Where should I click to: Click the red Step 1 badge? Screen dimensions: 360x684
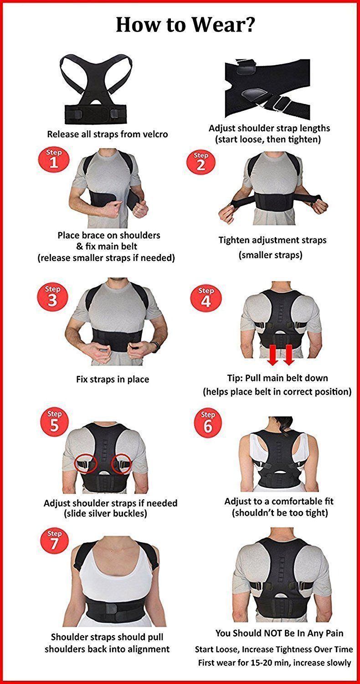pyautogui.click(x=54, y=160)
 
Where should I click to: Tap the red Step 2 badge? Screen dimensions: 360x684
pyautogui.click(x=201, y=162)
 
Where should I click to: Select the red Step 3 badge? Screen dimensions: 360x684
pyautogui.click(x=52, y=297)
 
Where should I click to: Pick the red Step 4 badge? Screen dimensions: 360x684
pyautogui.click(x=206, y=298)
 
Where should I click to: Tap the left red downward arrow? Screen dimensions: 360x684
pyautogui.click(x=272, y=355)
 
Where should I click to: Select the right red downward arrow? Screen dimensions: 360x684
pyautogui.click(x=288, y=355)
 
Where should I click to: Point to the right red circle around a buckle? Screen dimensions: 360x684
pyautogui.click(x=122, y=464)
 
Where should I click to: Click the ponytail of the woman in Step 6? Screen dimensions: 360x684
pyautogui.click(x=283, y=426)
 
